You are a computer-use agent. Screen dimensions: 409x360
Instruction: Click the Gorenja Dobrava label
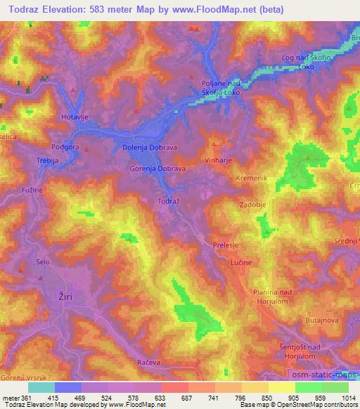coord(157,170)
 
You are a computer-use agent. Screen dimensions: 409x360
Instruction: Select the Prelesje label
coord(227,245)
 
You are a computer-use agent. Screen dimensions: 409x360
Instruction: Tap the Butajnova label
coord(323,320)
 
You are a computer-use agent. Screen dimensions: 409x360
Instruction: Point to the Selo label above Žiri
coord(44,261)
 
